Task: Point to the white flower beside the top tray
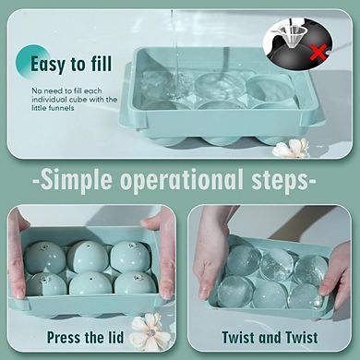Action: tap(293, 148)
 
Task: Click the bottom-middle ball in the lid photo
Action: tap(90, 284)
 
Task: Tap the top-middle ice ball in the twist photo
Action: tap(278, 264)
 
